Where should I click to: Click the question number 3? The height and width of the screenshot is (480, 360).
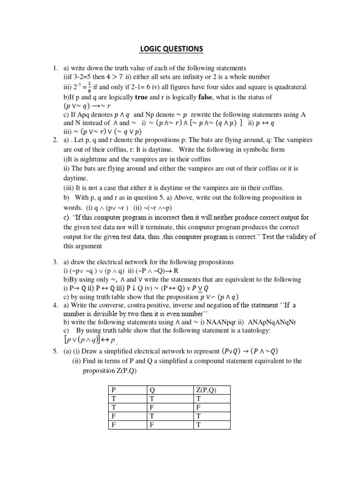pyautogui.click(x=55, y=262)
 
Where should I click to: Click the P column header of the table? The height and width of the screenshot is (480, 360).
pyautogui.click(x=112, y=390)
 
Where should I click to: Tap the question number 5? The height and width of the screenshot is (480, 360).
pyautogui.click(x=55, y=352)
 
